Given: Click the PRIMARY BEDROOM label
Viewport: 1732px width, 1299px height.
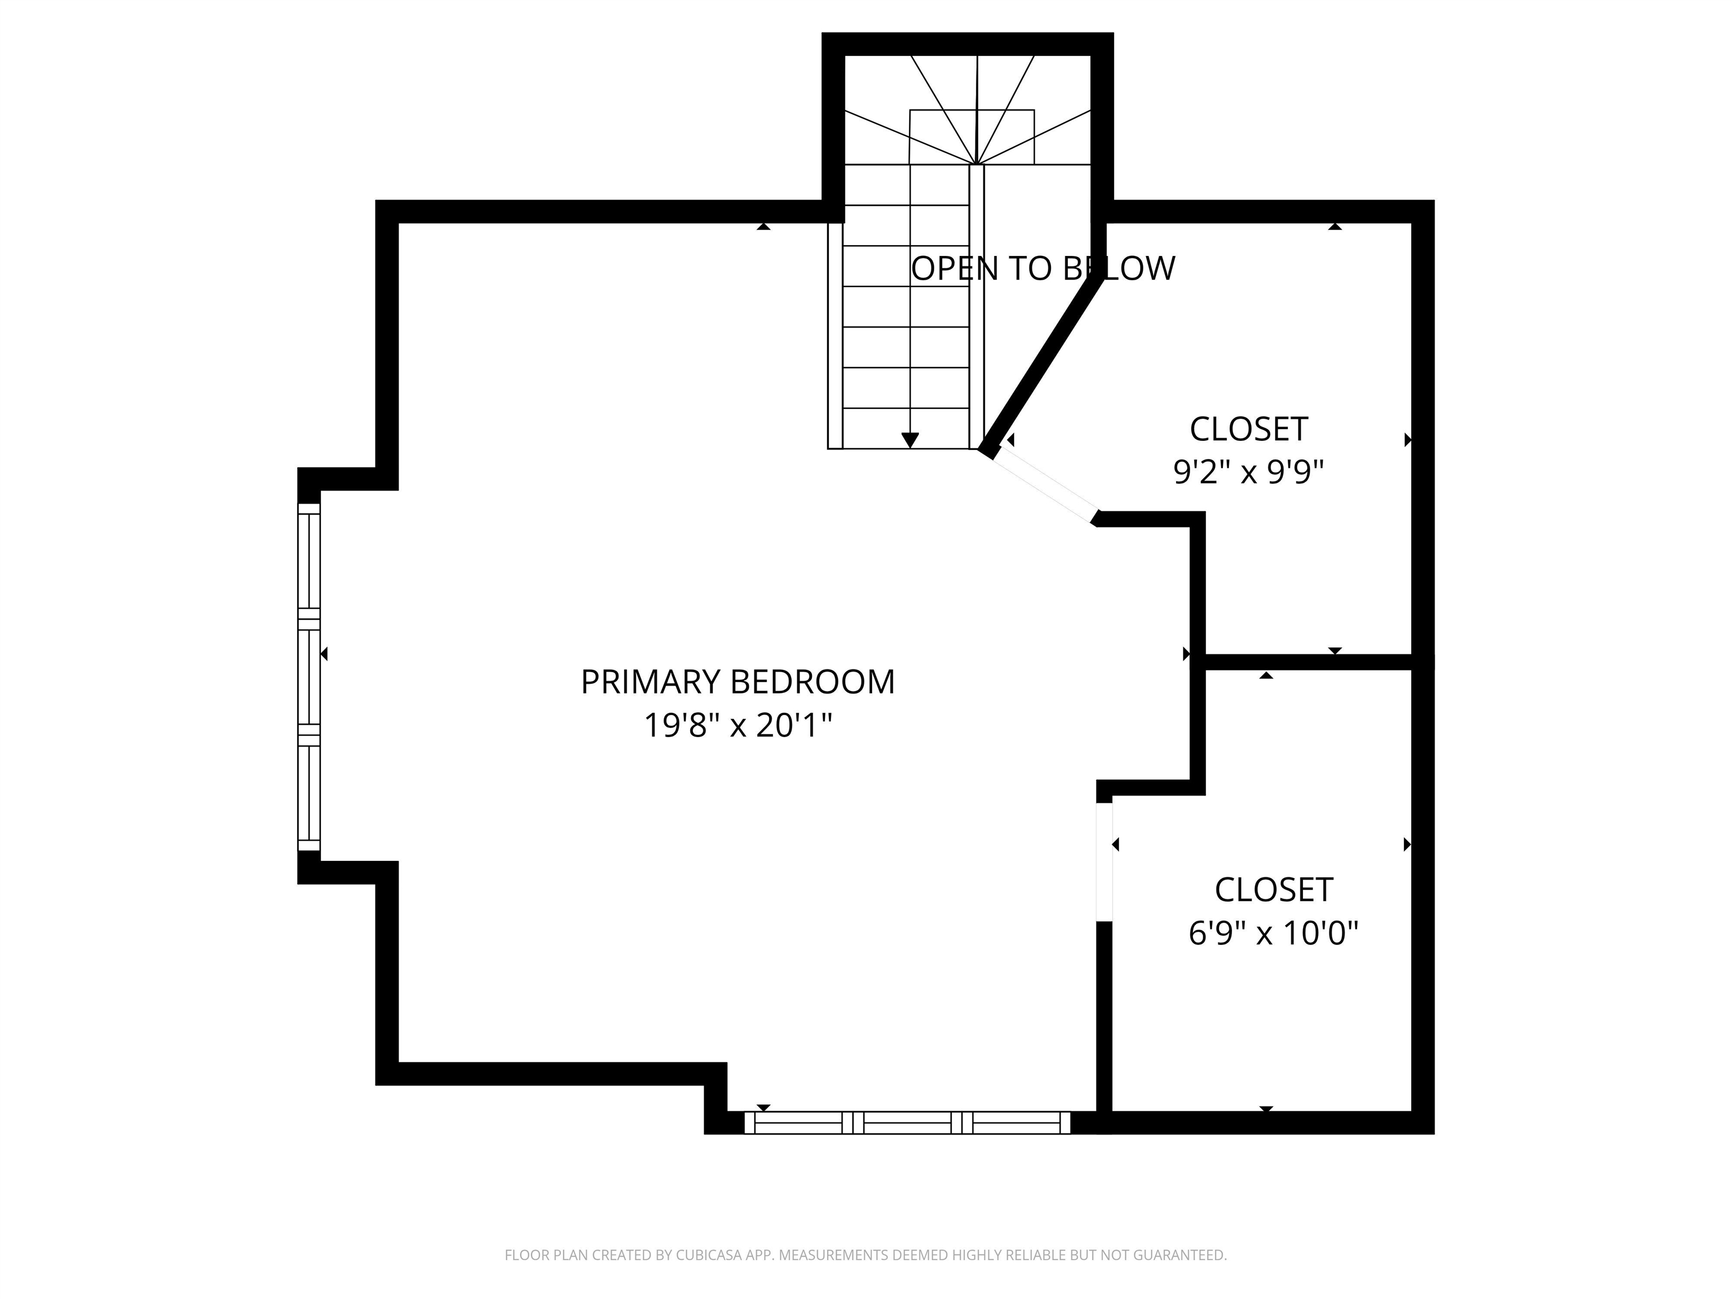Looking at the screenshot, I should (737, 682).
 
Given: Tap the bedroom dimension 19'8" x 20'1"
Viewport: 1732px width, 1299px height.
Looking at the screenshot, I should (737, 726).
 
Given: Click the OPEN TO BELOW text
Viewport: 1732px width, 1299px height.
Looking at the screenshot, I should (1042, 268).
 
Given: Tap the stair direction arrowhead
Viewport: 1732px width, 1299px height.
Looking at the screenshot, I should (910, 440).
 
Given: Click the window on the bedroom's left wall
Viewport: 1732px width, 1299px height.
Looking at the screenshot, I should (310, 677).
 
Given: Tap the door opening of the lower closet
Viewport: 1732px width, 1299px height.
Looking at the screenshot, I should (1104, 861).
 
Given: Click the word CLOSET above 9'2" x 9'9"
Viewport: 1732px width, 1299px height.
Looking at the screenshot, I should (1248, 429).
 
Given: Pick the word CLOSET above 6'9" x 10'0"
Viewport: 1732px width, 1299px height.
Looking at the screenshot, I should (1273, 890).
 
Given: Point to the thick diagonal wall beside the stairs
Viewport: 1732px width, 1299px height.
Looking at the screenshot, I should (1041, 364).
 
